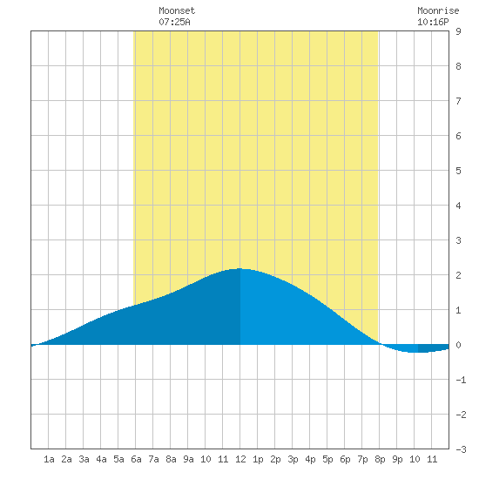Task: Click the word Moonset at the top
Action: (x=177, y=10)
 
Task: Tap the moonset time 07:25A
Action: (x=174, y=22)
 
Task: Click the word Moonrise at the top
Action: (x=438, y=10)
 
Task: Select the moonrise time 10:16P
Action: (x=433, y=22)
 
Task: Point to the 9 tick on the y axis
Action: (x=458, y=31)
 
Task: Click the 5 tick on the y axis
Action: (x=458, y=171)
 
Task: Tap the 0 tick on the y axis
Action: (x=458, y=345)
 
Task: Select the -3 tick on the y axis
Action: (x=461, y=449)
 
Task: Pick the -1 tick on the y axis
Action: (x=461, y=380)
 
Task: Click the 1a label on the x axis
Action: (x=49, y=459)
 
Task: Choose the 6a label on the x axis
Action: (x=136, y=459)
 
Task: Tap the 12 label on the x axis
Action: (x=240, y=459)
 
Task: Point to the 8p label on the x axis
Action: (x=380, y=459)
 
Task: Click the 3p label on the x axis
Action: (x=293, y=459)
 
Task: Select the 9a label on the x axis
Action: (x=188, y=459)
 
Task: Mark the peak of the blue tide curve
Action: (x=239, y=268)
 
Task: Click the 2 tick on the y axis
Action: (x=458, y=275)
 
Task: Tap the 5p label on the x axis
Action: (x=327, y=459)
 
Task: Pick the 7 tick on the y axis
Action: (x=458, y=101)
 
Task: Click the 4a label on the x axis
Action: (x=101, y=459)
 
